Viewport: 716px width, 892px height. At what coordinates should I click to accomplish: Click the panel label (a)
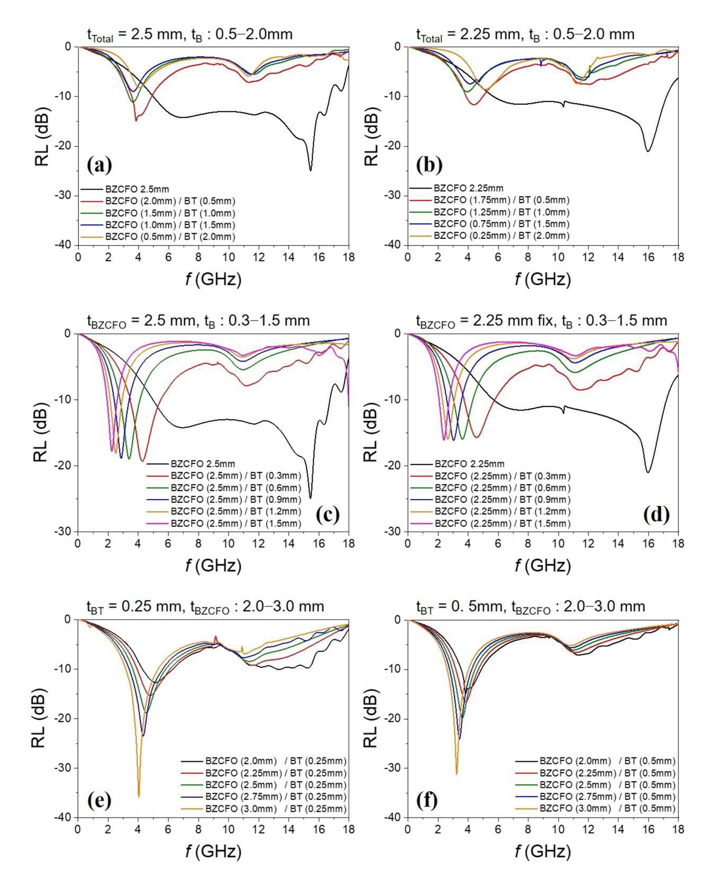tap(99, 165)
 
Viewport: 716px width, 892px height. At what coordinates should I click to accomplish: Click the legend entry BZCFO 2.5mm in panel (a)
tap(137, 190)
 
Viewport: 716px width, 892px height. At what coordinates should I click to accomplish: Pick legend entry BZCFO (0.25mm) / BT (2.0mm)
tap(501, 236)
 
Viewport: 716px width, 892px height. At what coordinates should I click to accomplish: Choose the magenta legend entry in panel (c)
tap(236, 523)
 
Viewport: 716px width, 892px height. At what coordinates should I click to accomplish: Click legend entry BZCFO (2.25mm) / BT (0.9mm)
tap(502, 499)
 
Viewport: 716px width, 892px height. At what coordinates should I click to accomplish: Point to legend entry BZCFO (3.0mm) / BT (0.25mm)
tap(275, 809)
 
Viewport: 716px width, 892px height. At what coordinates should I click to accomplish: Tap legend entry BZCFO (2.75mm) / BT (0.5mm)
tap(607, 797)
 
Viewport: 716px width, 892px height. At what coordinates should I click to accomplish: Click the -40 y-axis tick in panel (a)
tap(64, 244)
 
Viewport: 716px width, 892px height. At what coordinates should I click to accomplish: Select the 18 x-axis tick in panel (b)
tap(678, 257)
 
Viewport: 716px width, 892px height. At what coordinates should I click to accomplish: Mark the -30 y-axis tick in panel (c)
tap(64, 531)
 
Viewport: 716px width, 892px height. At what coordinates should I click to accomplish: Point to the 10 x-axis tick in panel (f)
tap(558, 830)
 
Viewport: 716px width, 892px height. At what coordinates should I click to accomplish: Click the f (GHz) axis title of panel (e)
tap(213, 851)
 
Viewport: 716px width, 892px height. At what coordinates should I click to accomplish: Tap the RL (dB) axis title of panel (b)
tap(371, 137)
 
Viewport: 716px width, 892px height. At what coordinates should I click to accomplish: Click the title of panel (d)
tap(541, 321)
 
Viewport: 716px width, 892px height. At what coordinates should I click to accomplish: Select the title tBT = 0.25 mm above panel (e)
tap(205, 607)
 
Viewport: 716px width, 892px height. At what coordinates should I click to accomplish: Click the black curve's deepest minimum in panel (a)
tap(311, 170)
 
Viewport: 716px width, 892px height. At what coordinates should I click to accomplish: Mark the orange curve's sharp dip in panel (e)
tap(139, 796)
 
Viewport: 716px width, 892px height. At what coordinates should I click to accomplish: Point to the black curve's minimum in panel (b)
tap(648, 151)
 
